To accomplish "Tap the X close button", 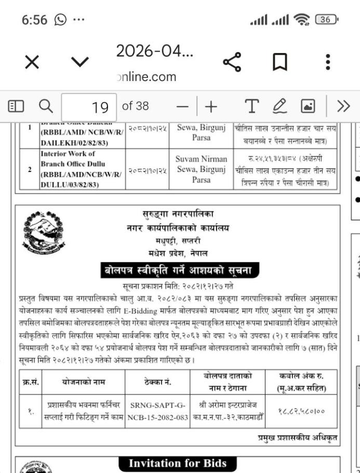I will (32, 63).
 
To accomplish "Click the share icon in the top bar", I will (232, 63).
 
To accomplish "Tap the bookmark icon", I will (280, 63).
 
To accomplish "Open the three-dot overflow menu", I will (328, 62).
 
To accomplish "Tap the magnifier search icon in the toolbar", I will (46, 107).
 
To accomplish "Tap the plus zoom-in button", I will (211, 107).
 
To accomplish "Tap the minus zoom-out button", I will (183, 107).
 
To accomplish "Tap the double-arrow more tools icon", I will (343, 107).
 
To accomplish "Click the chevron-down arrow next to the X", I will (79, 63).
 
